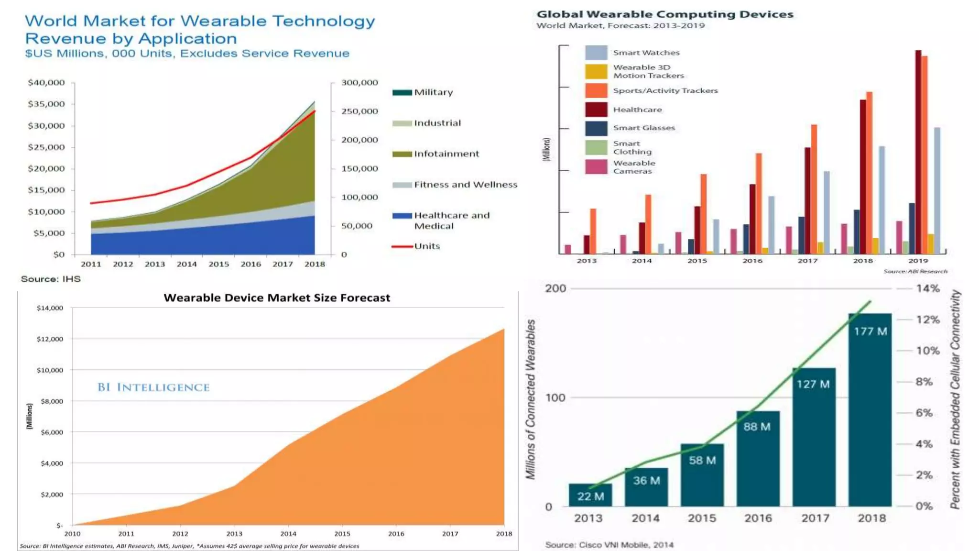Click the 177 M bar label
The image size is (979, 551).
coord(870,331)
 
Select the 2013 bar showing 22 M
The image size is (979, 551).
coord(590,495)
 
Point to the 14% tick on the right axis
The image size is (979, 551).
coord(927,288)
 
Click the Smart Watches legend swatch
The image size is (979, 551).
coord(596,53)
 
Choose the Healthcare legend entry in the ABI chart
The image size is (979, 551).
coord(637,110)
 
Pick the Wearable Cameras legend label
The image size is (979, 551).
coord(634,167)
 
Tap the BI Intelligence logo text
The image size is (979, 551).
coord(153,387)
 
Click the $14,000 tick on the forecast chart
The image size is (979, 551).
coord(50,308)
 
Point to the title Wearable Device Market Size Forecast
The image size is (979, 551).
coord(277,298)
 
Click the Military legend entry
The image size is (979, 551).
coord(433,92)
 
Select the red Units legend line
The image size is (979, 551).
coord(402,246)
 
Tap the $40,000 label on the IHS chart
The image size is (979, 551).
coord(46,83)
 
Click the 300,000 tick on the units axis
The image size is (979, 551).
coord(359,83)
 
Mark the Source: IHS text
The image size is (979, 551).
coord(51,279)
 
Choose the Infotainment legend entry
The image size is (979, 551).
coord(446,154)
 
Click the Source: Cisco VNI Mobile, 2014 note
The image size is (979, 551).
coord(609,545)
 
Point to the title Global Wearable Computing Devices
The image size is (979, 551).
coord(664,14)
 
